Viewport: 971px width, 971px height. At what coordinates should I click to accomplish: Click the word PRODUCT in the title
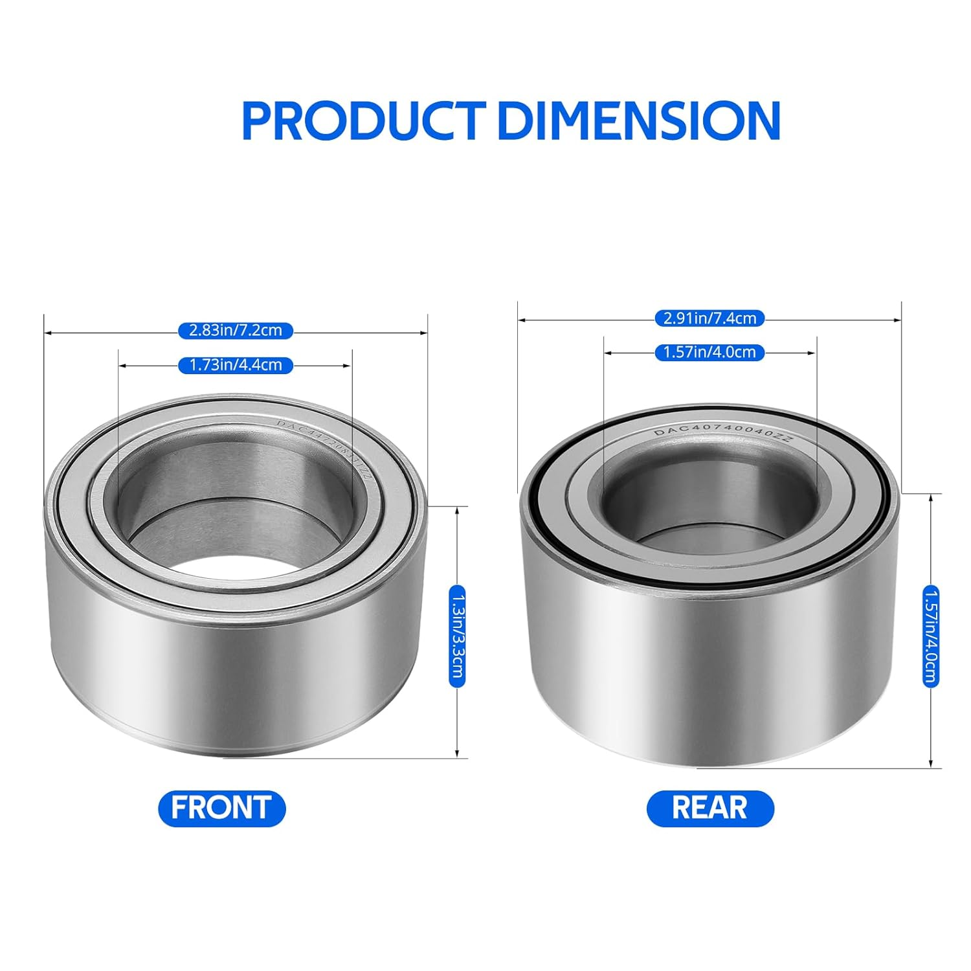coord(363,120)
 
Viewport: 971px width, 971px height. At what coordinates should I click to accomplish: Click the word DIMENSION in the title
coord(641,120)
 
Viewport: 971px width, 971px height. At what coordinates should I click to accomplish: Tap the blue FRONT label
coord(222,808)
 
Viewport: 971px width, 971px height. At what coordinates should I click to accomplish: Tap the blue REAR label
coord(710,808)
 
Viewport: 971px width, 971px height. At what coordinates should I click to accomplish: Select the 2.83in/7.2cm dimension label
coord(236,331)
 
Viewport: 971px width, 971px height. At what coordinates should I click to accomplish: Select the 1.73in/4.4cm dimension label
coord(236,365)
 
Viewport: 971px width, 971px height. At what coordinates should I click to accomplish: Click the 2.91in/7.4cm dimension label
coord(710,318)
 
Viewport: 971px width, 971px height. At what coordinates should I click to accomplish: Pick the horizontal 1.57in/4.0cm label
coord(710,353)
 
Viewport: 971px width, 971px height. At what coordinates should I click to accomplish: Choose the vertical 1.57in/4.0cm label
coord(931,634)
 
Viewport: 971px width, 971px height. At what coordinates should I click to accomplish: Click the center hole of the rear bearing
coord(709,511)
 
